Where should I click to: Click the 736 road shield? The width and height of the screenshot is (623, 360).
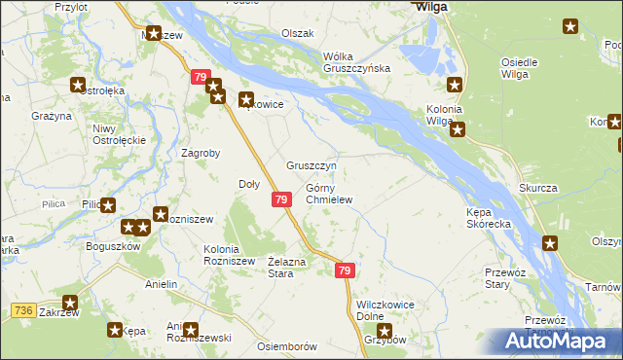click(x=24, y=310)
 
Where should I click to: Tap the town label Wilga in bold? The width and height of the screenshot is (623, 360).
click(x=430, y=6)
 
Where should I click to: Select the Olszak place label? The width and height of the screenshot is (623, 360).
click(x=298, y=33)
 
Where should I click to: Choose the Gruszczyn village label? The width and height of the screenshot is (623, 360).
click(x=311, y=165)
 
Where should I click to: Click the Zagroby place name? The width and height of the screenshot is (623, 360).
click(x=202, y=153)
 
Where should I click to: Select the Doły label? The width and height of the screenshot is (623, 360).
click(x=248, y=184)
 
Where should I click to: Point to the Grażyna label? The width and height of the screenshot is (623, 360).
click(x=51, y=116)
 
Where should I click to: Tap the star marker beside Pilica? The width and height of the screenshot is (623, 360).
click(x=107, y=205)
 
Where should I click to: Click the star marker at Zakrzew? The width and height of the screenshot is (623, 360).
click(x=70, y=304)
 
